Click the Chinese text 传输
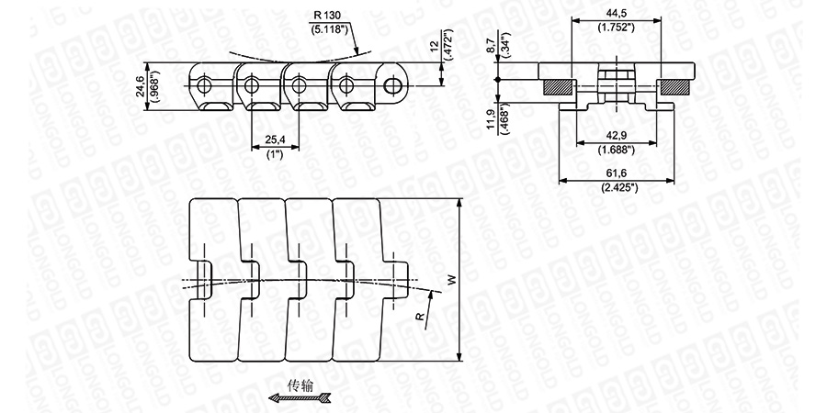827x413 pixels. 301,385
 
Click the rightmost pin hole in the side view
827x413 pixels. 394,85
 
